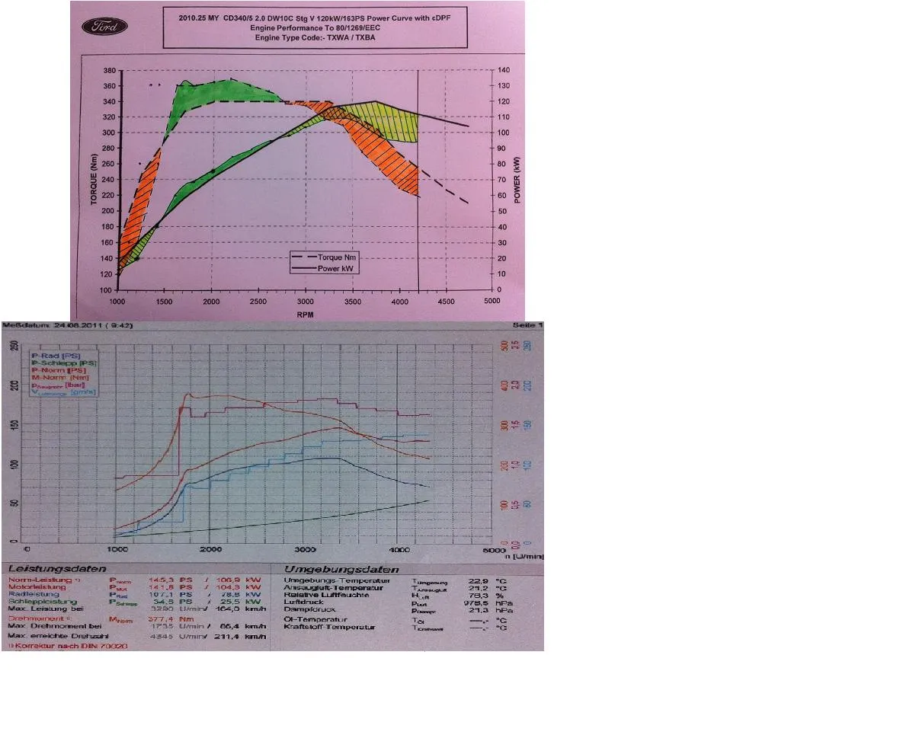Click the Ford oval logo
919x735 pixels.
(x=104, y=27)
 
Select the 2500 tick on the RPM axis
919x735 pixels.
(x=258, y=302)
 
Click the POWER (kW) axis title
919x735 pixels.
(x=517, y=181)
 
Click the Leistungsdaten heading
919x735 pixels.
(x=57, y=569)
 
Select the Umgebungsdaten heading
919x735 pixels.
(x=341, y=569)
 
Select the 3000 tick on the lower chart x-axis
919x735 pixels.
(x=305, y=548)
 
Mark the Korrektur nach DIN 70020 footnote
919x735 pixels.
(x=69, y=645)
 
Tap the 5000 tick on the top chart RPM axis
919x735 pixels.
(x=492, y=302)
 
